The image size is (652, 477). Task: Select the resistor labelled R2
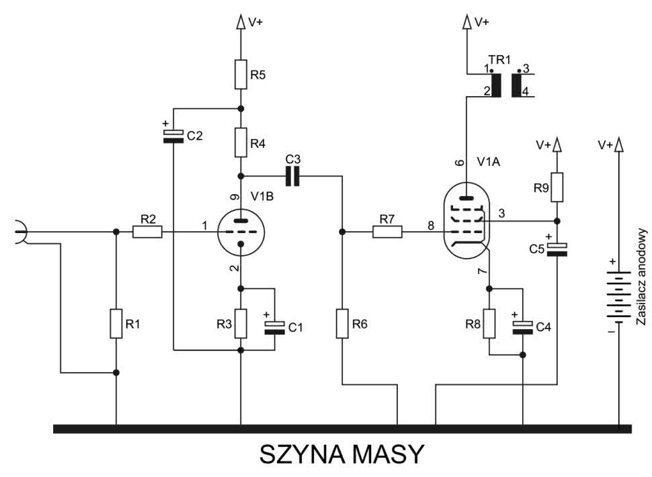pos(147,232)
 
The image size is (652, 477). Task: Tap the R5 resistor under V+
pos(241,75)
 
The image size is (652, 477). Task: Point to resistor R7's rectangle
pos(387,232)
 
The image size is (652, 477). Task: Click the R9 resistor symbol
pos(557,187)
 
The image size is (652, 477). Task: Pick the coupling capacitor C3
pos(293,176)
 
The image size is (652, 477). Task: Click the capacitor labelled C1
pos(275,327)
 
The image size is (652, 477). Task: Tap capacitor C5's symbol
pos(557,249)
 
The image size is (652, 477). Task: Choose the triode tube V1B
pos(241,232)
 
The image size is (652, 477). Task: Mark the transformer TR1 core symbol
pos(507,85)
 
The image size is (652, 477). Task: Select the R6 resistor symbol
pos(342,323)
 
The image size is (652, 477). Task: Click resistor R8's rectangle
pos(489,323)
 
